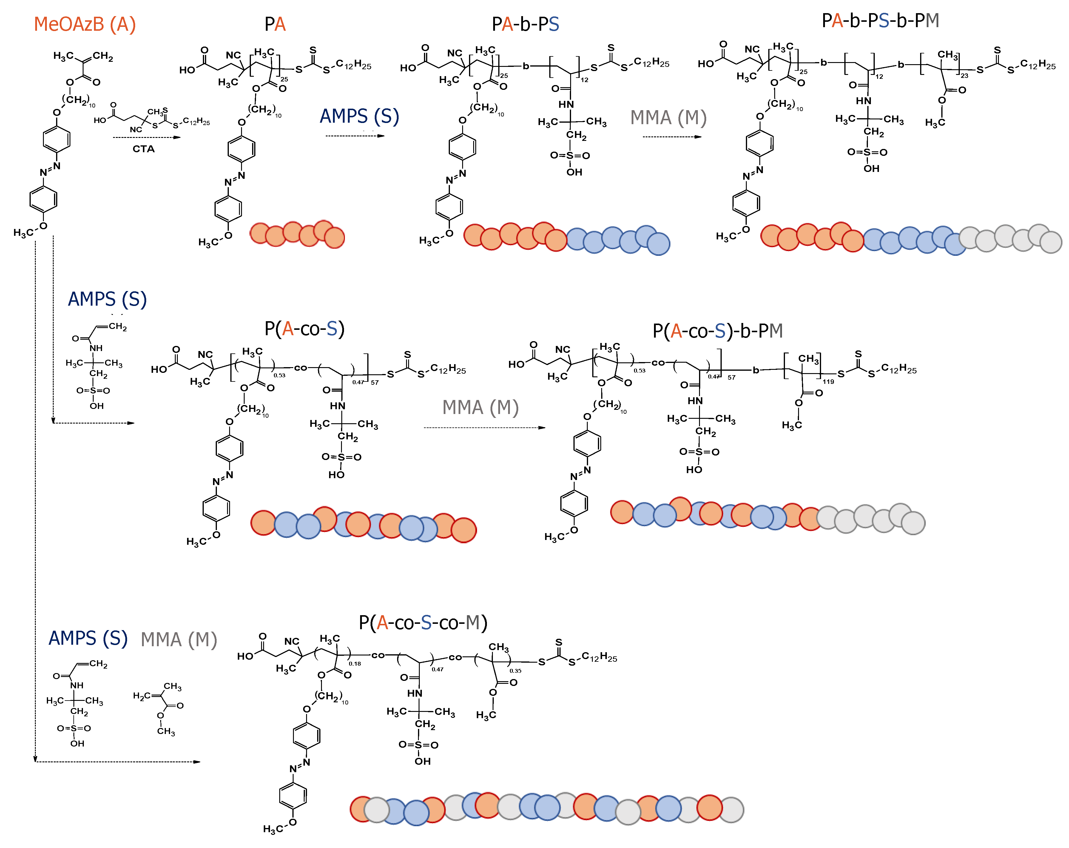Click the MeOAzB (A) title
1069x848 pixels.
(x=85, y=24)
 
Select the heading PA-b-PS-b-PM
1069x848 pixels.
(x=880, y=21)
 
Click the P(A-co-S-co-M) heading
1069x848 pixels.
(x=423, y=622)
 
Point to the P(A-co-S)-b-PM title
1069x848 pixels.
(x=718, y=331)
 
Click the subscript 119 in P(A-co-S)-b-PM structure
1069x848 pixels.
(x=828, y=381)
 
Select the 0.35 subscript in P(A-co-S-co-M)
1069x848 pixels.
(x=515, y=670)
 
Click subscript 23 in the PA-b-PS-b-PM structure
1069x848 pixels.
(x=964, y=76)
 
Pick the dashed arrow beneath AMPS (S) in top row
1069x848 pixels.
(x=355, y=136)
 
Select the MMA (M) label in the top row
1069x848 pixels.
(x=668, y=118)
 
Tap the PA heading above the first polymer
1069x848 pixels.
(x=275, y=24)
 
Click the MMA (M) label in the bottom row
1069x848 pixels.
(x=179, y=640)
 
